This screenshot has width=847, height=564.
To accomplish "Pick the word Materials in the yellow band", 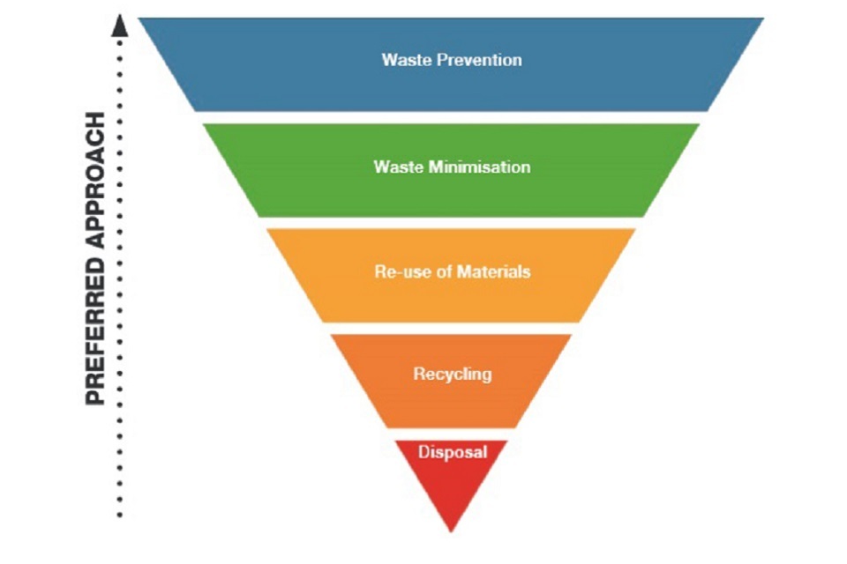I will tap(495, 271).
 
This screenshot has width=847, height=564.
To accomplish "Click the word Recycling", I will tap(452, 374).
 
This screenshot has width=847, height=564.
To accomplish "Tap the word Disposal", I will tap(452, 452).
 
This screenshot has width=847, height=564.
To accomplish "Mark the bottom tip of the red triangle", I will tap(452, 531).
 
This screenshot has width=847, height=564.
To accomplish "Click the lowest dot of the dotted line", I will tap(120, 515).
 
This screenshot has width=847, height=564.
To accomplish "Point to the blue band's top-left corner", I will tap(140, 19).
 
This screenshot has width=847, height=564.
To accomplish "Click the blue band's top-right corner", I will tap(762, 19).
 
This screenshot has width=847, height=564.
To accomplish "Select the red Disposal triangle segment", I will tap(452, 480).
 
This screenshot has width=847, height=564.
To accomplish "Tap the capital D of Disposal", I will tap(423, 452).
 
